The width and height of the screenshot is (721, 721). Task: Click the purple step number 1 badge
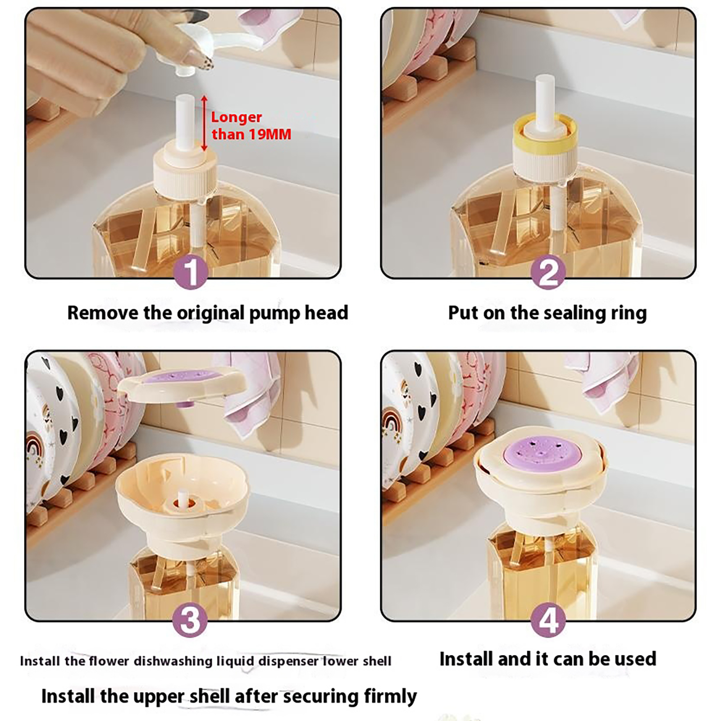(191, 272)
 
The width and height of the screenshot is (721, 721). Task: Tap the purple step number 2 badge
(548, 272)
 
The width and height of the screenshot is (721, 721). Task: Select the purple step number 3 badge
(191, 620)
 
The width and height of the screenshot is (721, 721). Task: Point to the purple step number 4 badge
(548, 621)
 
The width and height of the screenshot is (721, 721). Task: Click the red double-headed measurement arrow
(204, 123)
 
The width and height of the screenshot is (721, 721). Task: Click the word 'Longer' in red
(236, 117)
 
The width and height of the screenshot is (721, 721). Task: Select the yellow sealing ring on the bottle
(545, 128)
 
